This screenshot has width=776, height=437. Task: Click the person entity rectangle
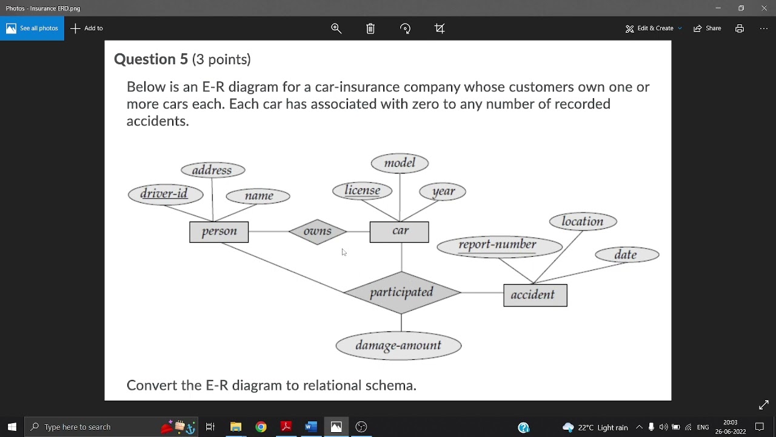point(219,232)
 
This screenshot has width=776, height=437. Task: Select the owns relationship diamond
point(318,231)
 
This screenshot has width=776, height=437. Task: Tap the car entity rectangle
point(399,232)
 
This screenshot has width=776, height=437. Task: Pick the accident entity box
point(535,295)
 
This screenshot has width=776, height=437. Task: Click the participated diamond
point(401,293)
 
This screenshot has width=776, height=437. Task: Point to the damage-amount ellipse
point(398,346)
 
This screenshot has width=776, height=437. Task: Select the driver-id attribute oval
point(166,194)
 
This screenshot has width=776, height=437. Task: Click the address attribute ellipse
point(213,170)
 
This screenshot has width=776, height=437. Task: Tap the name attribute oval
point(258,196)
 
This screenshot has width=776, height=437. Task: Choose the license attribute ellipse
point(363,191)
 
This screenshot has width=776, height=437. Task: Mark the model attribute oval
point(400,163)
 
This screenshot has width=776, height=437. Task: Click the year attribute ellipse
point(443,192)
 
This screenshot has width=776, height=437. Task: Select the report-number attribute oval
point(500,245)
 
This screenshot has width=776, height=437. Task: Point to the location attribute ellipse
point(583,222)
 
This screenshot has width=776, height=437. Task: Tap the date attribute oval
point(627,255)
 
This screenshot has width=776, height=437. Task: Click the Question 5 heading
point(182,59)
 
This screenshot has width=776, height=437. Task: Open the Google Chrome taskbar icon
point(261,427)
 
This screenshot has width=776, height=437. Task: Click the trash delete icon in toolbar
point(370,29)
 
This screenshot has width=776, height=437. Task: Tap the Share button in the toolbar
point(707,29)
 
